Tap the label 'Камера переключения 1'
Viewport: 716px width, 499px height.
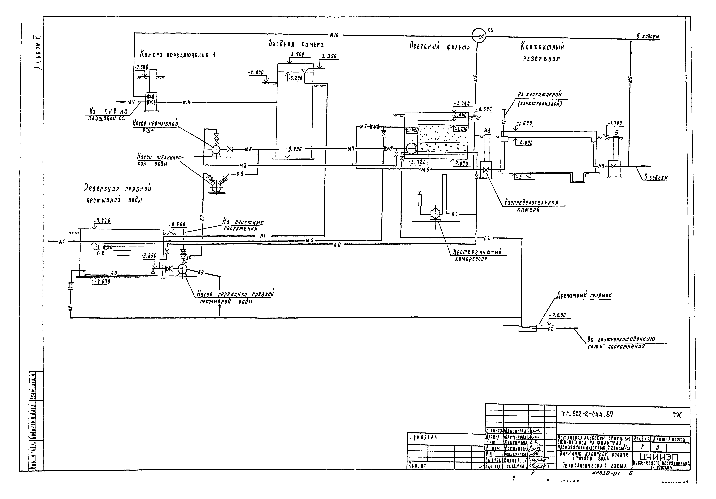177,55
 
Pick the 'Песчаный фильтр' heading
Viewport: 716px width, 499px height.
439,46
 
